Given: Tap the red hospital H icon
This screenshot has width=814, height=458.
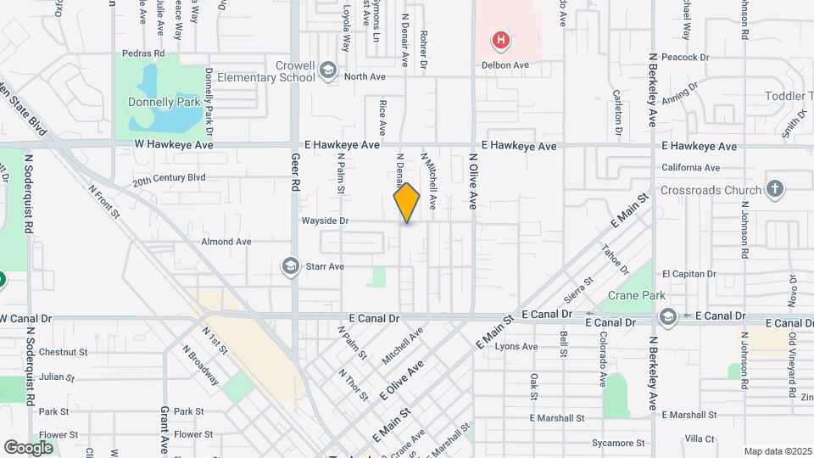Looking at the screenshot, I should click(502, 39).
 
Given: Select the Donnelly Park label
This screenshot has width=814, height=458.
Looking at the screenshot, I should click(164, 103).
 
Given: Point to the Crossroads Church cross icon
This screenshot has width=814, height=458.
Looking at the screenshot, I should click(774, 189).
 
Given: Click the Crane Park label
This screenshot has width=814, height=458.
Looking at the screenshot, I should click(632, 297).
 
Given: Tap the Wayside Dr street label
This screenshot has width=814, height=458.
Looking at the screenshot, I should click(325, 221).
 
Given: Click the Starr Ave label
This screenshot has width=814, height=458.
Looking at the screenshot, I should click(324, 267).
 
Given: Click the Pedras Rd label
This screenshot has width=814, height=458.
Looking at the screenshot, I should click(142, 53).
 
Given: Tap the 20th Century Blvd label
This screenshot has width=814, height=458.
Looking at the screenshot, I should click(169, 180).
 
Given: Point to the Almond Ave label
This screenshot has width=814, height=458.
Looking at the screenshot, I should click(226, 242).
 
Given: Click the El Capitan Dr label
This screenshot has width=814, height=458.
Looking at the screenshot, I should click(689, 274).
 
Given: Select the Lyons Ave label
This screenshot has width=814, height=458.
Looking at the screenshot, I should click(516, 346).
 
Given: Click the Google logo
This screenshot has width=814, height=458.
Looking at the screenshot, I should click(29, 447).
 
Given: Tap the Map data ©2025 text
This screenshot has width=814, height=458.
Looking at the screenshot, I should click(778, 451).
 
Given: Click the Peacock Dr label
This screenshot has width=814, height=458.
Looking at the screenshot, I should click(685, 58).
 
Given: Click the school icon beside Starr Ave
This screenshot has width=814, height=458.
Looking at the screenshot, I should click(291, 267).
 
